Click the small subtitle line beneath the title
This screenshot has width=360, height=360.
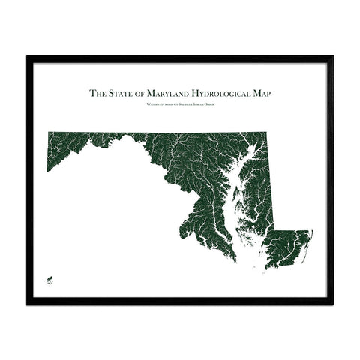[180, 105]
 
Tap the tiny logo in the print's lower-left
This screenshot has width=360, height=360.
[51, 279]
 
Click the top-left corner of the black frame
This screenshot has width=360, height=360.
[28, 57]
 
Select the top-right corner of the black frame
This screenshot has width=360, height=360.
[332, 57]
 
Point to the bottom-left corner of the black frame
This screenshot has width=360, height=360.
[28, 303]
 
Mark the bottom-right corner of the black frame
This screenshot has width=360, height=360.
[332, 303]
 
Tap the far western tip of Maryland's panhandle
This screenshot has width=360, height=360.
[48, 169]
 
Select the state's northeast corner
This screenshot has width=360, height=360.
[265, 133]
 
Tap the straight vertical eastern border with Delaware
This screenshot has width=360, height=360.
[269, 187]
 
